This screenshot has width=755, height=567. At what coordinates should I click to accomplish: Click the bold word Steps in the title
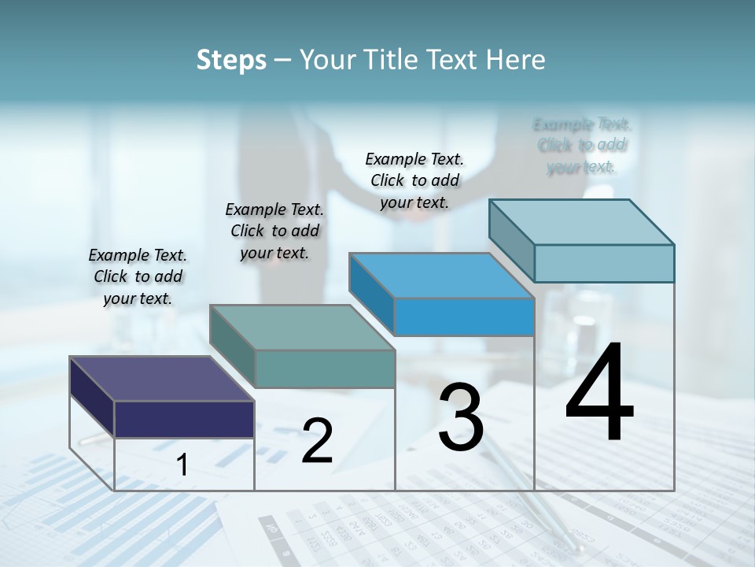tap(231, 60)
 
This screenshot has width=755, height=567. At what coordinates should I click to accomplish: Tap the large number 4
tap(599, 393)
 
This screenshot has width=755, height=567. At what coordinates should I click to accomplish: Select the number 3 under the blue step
tap(461, 417)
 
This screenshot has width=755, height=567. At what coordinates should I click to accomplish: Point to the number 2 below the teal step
tap(317, 440)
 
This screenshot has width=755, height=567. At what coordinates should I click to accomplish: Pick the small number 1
tap(182, 465)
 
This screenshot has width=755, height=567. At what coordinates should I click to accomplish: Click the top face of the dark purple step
tap(162, 379)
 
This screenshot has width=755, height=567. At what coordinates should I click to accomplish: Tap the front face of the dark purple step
tap(184, 419)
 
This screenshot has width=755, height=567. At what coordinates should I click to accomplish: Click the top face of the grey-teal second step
tap(302, 328)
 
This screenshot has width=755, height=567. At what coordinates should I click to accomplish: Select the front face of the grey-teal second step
tap(325, 369)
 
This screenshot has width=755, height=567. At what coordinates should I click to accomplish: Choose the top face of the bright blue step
tap(442, 276)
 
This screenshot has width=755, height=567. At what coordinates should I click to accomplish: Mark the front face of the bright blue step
tap(464, 317)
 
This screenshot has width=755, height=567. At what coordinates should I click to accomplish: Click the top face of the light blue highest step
tap(582, 222)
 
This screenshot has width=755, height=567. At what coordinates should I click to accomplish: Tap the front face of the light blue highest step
tap(604, 263)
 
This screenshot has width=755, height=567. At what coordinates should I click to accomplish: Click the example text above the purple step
tap(138, 276)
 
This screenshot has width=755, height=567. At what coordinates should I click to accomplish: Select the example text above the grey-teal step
tap(274, 231)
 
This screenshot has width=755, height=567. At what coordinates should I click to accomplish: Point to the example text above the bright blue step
tap(414, 180)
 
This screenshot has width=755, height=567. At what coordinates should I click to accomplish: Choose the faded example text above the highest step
tap(582, 145)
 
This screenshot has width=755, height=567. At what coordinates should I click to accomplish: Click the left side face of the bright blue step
tap(371, 295)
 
